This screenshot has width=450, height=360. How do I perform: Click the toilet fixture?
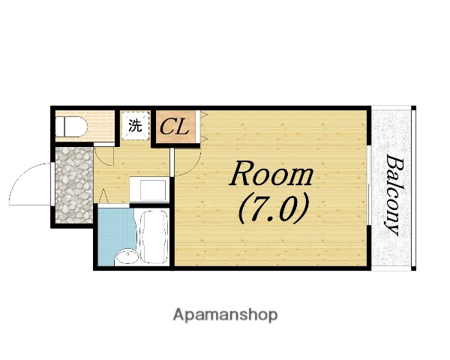(71, 127)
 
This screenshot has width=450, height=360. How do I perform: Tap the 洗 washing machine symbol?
(135, 125)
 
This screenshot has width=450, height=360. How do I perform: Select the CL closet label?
(175, 127)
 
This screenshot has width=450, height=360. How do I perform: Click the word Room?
(271, 174)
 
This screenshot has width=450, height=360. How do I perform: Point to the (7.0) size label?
(273, 208)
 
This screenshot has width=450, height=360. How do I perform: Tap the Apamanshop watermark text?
(225, 315)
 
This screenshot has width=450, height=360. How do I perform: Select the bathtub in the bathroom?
(154, 237)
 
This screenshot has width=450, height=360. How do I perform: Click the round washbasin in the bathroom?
(127, 257)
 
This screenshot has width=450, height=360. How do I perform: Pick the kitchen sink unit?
(149, 190)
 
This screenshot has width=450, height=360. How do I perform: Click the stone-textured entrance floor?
(74, 185)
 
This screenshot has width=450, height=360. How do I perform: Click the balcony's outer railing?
(413, 188)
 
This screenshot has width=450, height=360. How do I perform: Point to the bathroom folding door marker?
(103, 196)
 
